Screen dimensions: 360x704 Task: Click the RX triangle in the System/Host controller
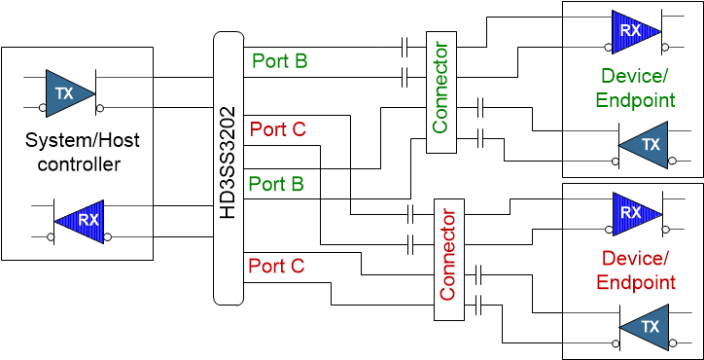pos(81,220)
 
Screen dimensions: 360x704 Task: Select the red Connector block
pos(448,259)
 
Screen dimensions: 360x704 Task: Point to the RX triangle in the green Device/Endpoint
pos(634,30)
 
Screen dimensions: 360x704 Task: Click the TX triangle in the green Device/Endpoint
pos(646,144)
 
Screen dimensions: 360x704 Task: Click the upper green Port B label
pos(279,61)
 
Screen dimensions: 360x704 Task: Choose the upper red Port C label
pos(277,128)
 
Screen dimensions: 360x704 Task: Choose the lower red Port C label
pos(276,266)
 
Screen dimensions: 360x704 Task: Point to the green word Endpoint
pos(635,99)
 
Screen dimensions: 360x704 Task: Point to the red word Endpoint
pos(635,282)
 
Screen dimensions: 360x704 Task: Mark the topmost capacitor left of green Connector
pos(405,46)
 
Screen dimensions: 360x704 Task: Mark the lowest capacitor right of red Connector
pos(480,308)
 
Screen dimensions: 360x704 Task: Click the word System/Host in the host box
pos(82,141)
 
